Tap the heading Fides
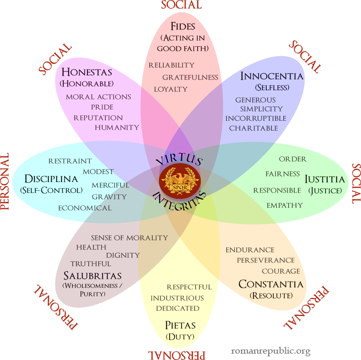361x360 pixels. pos(183,27)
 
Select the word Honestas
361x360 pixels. pos(87,72)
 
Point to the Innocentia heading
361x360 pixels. pos(271,76)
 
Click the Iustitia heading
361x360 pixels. pos(325,179)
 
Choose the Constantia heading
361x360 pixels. pos(271,284)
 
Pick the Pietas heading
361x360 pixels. pos(180,326)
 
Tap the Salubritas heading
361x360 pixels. pos(92,276)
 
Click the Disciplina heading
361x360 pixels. pos(51,179)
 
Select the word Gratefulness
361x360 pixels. pos(190,77)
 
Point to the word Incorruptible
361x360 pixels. pos(256,118)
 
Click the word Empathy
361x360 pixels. pos(285,205)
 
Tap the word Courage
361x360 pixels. pos(280,271)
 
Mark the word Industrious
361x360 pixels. pos(177,298)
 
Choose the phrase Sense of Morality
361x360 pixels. pos(129,238)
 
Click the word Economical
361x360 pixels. pos(85,208)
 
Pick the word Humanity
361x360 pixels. pos(117,127)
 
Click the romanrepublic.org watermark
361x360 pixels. pos(271,351)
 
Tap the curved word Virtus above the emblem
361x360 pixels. pos(179,159)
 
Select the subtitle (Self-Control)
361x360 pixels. pos(51,190)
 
